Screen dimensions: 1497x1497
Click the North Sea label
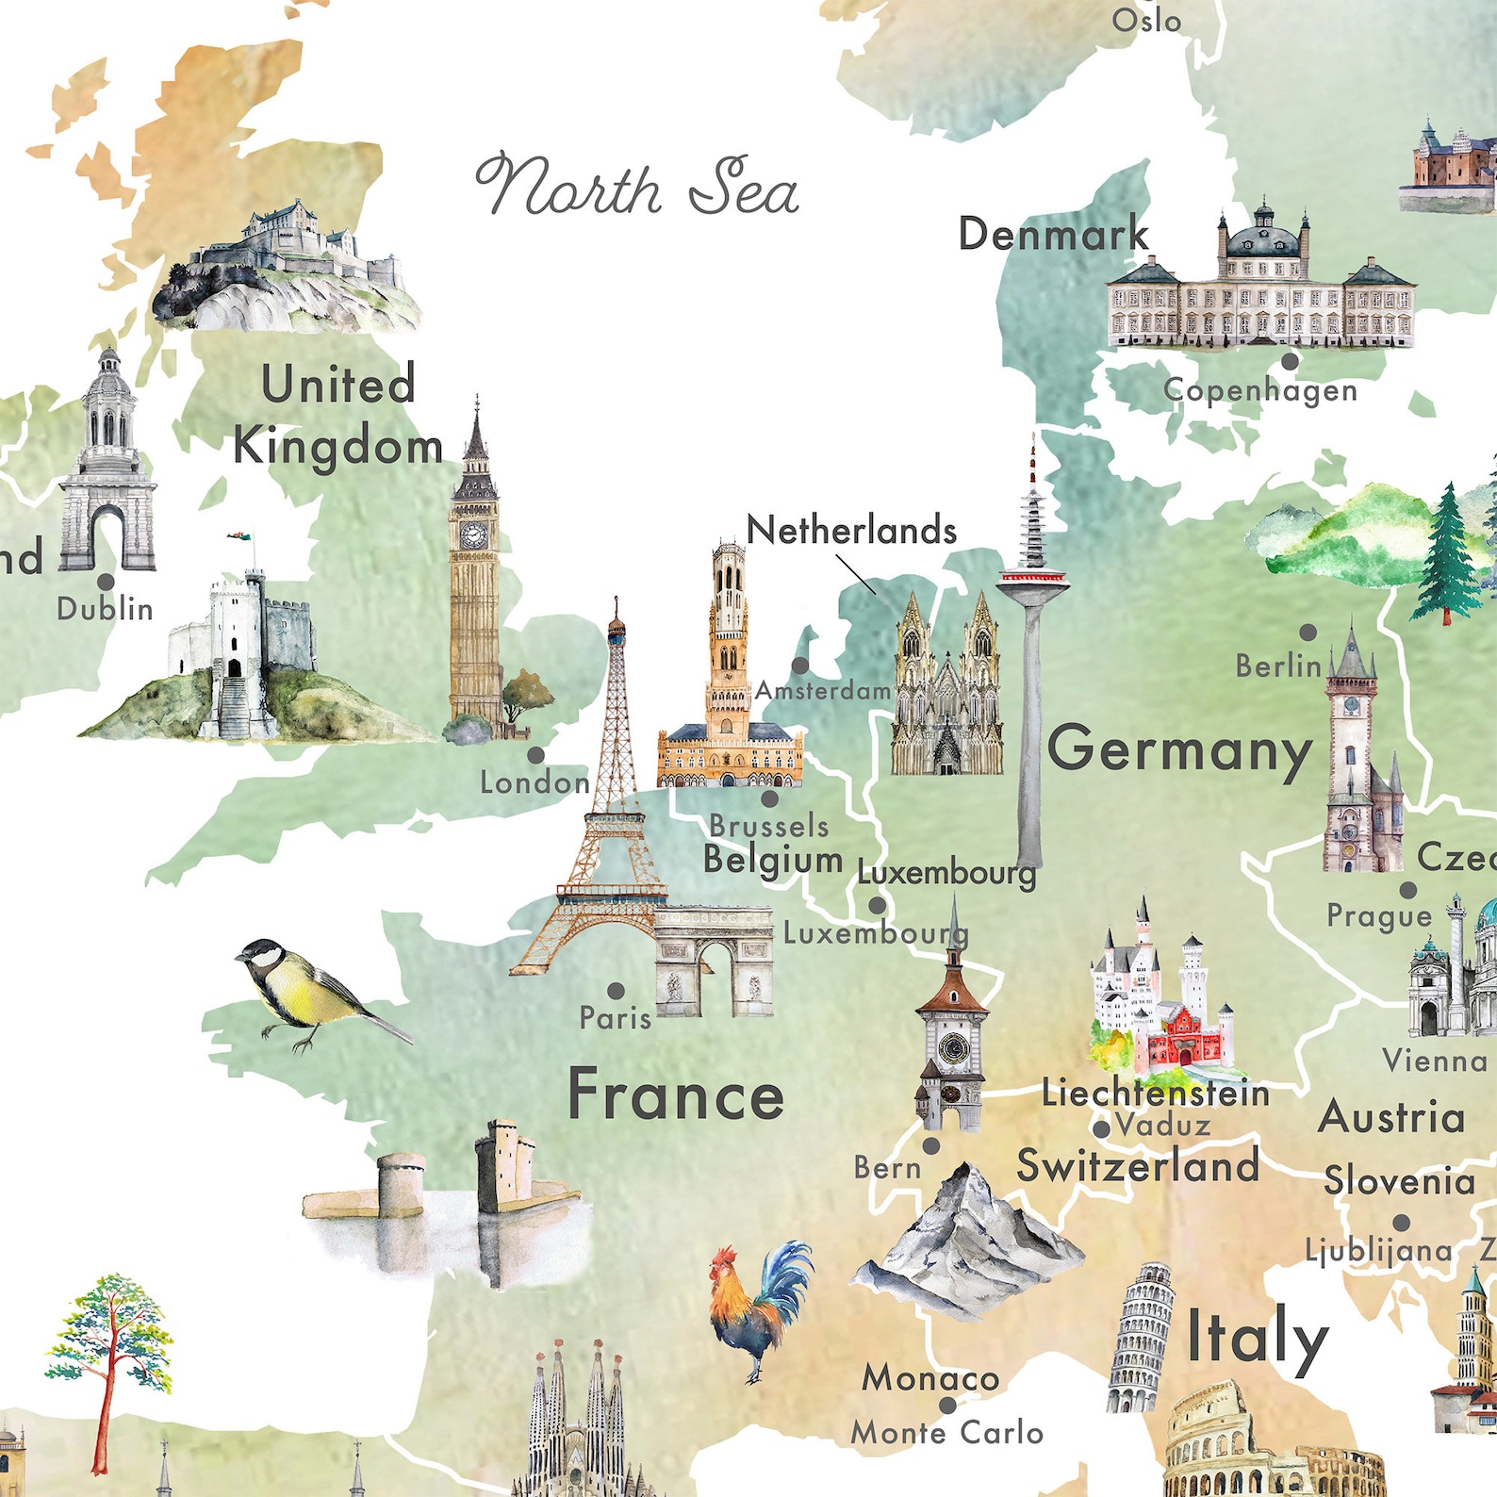[x=638, y=188]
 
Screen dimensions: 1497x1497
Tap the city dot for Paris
[x=616, y=991]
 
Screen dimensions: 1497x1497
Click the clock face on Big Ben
[x=473, y=535]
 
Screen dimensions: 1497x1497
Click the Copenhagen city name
[x=1259, y=390]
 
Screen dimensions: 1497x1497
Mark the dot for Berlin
[x=1308, y=633]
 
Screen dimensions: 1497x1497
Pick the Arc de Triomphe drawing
[x=715, y=962]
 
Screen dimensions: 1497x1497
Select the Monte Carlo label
[x=946, y=1434]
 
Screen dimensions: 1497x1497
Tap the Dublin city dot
[x=106, y=582]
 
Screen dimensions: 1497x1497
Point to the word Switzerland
[x=1138, y=1167]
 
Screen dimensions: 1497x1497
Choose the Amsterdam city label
[x=823, y=691]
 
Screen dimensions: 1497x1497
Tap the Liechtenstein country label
[x=1155, y=1094]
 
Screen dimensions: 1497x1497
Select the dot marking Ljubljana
[x=1402, y=1223]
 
